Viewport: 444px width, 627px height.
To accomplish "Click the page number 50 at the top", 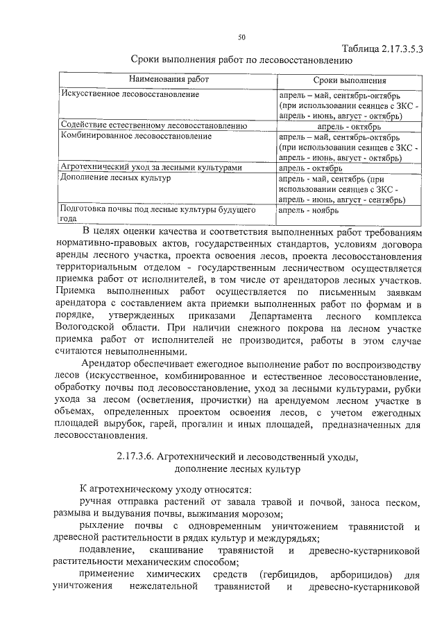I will click(x=241, y=37).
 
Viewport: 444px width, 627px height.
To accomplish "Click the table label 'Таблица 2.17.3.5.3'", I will click(x=384, y=48).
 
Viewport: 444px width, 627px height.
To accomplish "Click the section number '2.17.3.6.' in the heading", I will click(x=135, y=456).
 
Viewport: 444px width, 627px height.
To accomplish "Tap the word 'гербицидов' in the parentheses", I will click(x=293, y=575).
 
